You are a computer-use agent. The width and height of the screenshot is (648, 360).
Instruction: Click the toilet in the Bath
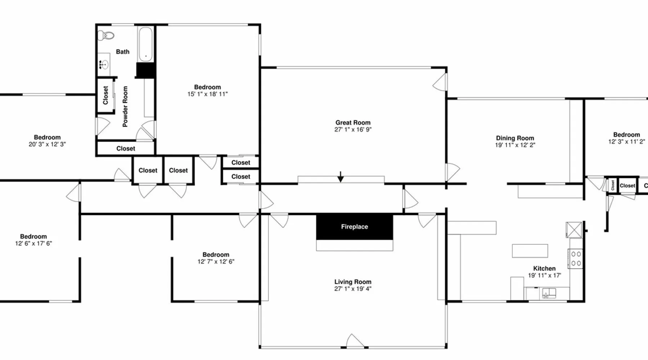[x=106, y=35]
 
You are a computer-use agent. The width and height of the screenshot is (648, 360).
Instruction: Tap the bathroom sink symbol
[x=104, y=65]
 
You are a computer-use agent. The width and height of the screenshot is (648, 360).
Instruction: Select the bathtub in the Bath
[x=146, y=45]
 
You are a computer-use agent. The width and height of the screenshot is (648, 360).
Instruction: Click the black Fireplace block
[x=355, y=227]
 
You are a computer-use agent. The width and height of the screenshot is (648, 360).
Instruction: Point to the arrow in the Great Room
[x=341, y=177]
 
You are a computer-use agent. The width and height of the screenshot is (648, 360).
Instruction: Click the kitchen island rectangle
[x=530, y=251]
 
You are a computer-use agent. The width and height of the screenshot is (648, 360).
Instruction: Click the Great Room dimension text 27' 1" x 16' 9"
[x=353, y=130]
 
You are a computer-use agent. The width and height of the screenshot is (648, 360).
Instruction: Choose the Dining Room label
[x=515, y=138]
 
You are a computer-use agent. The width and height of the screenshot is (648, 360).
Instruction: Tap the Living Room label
[x=353, y=282]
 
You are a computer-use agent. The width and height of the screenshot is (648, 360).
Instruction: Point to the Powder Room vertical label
[x=125, y=107]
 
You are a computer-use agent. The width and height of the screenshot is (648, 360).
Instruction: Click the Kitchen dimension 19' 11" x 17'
[x=544, y=275]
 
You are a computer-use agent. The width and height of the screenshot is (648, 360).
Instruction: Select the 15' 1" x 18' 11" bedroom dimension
[x=208, y=94]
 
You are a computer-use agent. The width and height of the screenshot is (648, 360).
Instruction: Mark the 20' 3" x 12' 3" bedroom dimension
[x=47, y=144]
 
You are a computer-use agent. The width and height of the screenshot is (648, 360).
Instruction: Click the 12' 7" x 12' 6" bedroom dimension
[x=216, y=262]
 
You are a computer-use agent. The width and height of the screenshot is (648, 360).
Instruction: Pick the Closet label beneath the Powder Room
[x=126, y=148]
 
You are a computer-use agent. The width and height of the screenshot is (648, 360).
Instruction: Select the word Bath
[x=123, y=52]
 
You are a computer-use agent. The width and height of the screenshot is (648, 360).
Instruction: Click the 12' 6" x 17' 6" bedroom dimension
[x=33, y=243]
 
